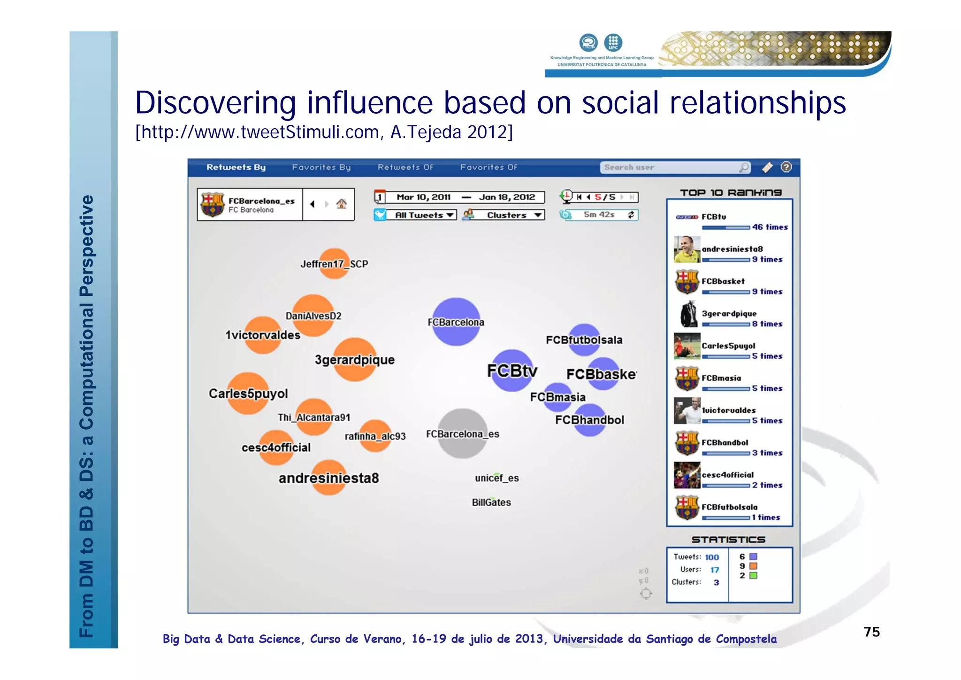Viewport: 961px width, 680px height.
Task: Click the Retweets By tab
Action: tap(236, 167)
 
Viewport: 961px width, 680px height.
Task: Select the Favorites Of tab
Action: tap(488, 167)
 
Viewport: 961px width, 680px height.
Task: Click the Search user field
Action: tap(669, 168)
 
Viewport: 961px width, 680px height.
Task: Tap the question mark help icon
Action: tap(786, 167)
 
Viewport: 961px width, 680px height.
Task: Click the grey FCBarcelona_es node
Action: tap(462, 433)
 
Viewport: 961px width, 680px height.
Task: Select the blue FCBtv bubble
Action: tap(512, 371)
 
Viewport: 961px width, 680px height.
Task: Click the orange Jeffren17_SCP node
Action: tap(334, 263)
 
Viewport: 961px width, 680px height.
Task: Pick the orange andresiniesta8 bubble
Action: tap(329, 478)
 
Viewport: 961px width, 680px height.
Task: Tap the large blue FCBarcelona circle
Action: tap(456, 322)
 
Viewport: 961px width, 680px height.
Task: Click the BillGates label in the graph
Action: tap(491, 502)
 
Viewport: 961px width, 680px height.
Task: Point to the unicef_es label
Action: tap(496, 478)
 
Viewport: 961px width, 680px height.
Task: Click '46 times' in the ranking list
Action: tap(770, 227)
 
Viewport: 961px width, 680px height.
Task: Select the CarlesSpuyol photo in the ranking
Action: tap(686, 346)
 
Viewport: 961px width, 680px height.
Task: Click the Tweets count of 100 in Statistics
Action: tap(711, 557)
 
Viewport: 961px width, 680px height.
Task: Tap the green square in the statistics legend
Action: tap(754, 576)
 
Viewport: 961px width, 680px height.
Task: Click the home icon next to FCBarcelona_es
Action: tap(342, 204)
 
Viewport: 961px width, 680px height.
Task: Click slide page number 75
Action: tap(871, 632)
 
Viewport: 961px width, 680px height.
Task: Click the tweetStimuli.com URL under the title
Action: tap(324, 132)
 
